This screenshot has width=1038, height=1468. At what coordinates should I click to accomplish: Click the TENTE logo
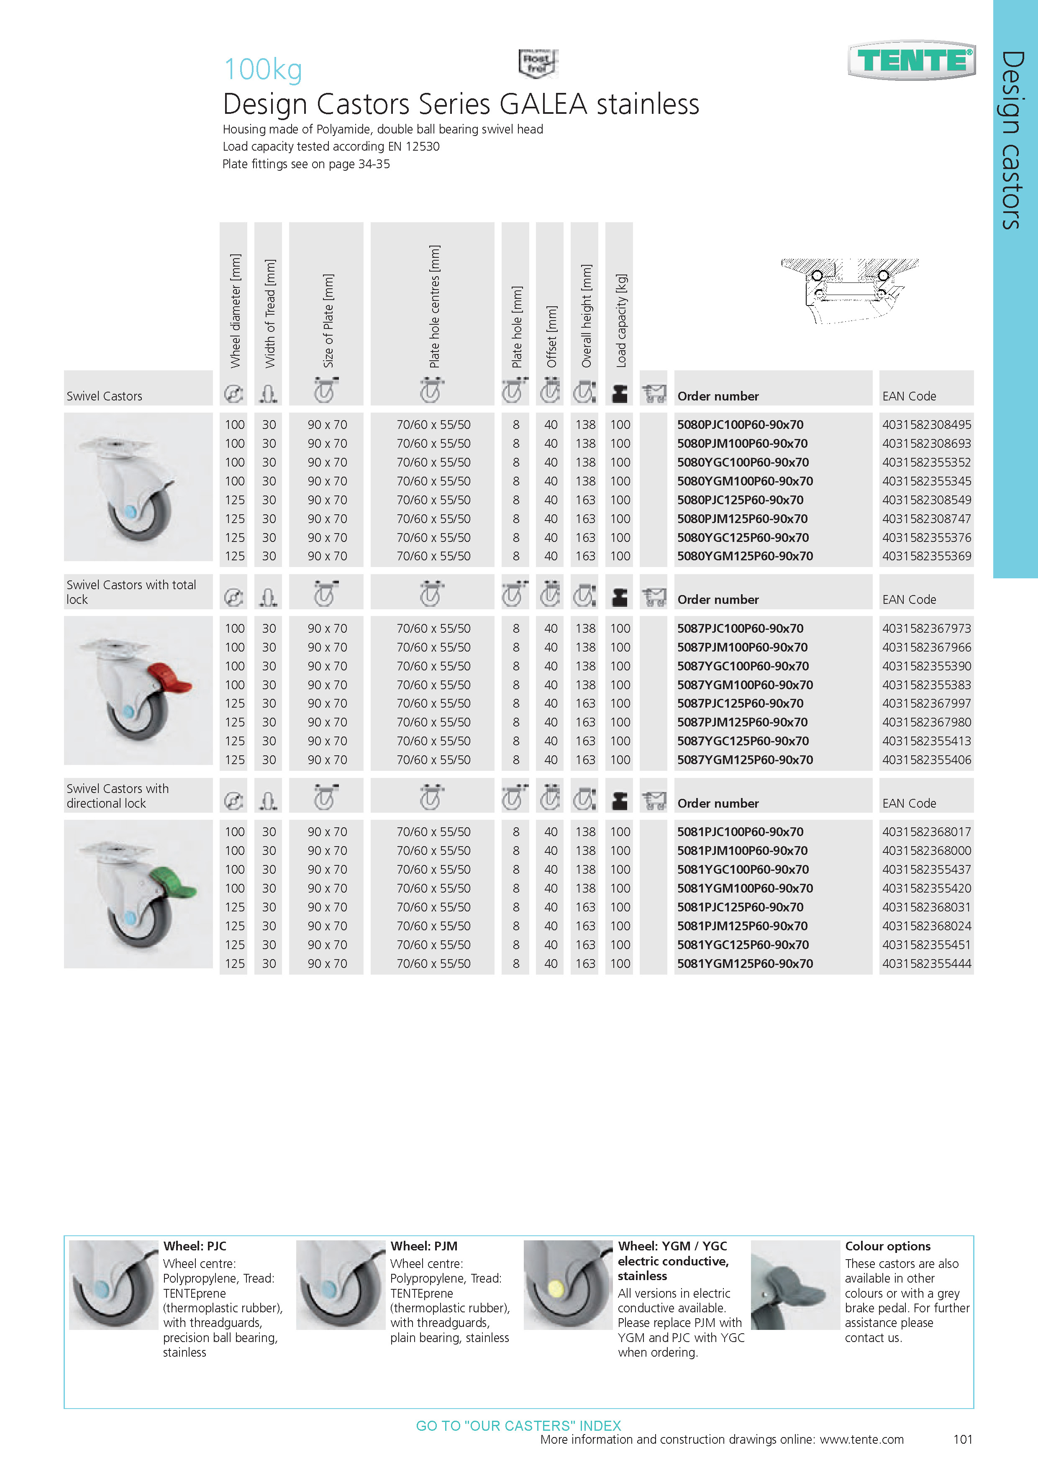click(x=912, y=61)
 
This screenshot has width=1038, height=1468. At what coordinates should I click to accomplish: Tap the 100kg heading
click(x=263, y=69)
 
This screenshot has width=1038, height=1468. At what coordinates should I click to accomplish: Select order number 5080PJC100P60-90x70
click(x=740, y=425)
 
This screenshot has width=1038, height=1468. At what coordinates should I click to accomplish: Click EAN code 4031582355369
click(x=926, y=556)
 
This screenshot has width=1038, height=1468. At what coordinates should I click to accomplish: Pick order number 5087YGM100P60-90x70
click(x=745, y=685)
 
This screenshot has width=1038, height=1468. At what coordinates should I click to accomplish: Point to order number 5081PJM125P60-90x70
click(x=742, y=926)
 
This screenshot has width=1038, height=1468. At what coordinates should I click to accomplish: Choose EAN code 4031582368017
click(x=926, y=832)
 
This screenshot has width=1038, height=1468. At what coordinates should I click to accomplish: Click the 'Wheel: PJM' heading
click(x=424, y=1246)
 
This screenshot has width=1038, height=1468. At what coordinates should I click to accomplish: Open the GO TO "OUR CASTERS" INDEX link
click(x=518, y=1426)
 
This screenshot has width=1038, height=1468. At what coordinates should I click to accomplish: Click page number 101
click(x=963, y=1439)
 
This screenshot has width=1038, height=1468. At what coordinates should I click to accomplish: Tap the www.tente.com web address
click(x=861, y=1439)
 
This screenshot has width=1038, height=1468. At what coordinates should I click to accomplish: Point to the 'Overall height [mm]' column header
click(x=586, y=316)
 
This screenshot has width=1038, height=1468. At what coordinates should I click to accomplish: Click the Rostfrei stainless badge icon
click(x=538, y=63)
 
